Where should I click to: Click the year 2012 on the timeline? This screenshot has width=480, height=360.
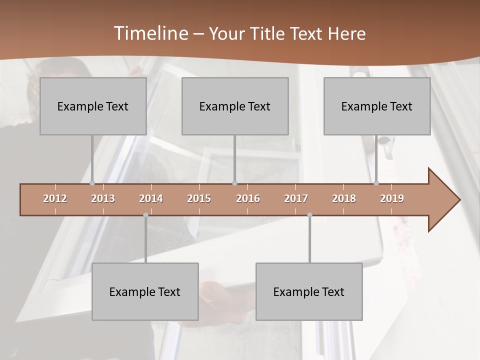pos(55,198)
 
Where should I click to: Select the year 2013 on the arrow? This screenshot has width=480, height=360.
pos(103,198)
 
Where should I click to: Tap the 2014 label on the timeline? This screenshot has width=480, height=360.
pos(151,198)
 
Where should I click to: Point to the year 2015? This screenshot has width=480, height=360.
pos(199,198)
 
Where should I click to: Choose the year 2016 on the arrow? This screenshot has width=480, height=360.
pos(248,198)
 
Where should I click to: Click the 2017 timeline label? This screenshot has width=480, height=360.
pos(296,198)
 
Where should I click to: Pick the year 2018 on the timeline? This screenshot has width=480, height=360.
pos(344,198)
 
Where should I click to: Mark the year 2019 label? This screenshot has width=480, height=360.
pos(392,198)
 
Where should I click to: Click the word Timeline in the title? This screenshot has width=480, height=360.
pos(150,33)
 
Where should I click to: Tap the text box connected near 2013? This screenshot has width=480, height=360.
pos(93,106)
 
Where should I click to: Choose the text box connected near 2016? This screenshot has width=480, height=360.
pos(235,106)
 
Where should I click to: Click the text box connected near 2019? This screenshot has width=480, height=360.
pos(377,106)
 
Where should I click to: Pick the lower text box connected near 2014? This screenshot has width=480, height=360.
pos(145,291)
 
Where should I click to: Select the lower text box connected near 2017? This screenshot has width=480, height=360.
pos(309,291)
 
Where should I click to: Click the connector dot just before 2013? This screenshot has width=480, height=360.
pos(92,183)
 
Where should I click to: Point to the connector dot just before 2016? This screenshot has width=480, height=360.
pos(235,183)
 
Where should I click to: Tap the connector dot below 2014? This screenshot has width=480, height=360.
pos(145,215)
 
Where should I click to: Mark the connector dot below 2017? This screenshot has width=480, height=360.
pos(309,215)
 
